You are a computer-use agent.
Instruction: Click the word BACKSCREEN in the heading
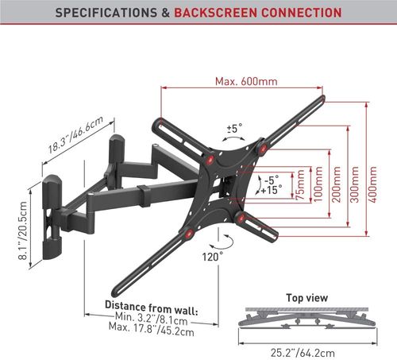(x=214, y=13)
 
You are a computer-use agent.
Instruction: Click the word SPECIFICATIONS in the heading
(x=106, y=13)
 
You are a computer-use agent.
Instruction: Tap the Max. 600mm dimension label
(x=246, y=81)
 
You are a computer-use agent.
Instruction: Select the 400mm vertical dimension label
(x=372, y=184)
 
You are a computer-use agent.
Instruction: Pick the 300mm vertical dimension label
(x=354, y=184)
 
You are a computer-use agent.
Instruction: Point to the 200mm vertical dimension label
(x=336, y=184)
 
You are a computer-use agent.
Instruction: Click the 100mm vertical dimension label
(x=318, y=184)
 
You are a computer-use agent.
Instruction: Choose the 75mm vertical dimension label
(x=301, y=184)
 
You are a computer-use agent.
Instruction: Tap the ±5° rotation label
(x=234, y=129)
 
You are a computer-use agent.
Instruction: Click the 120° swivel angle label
(x=213, y=257)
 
